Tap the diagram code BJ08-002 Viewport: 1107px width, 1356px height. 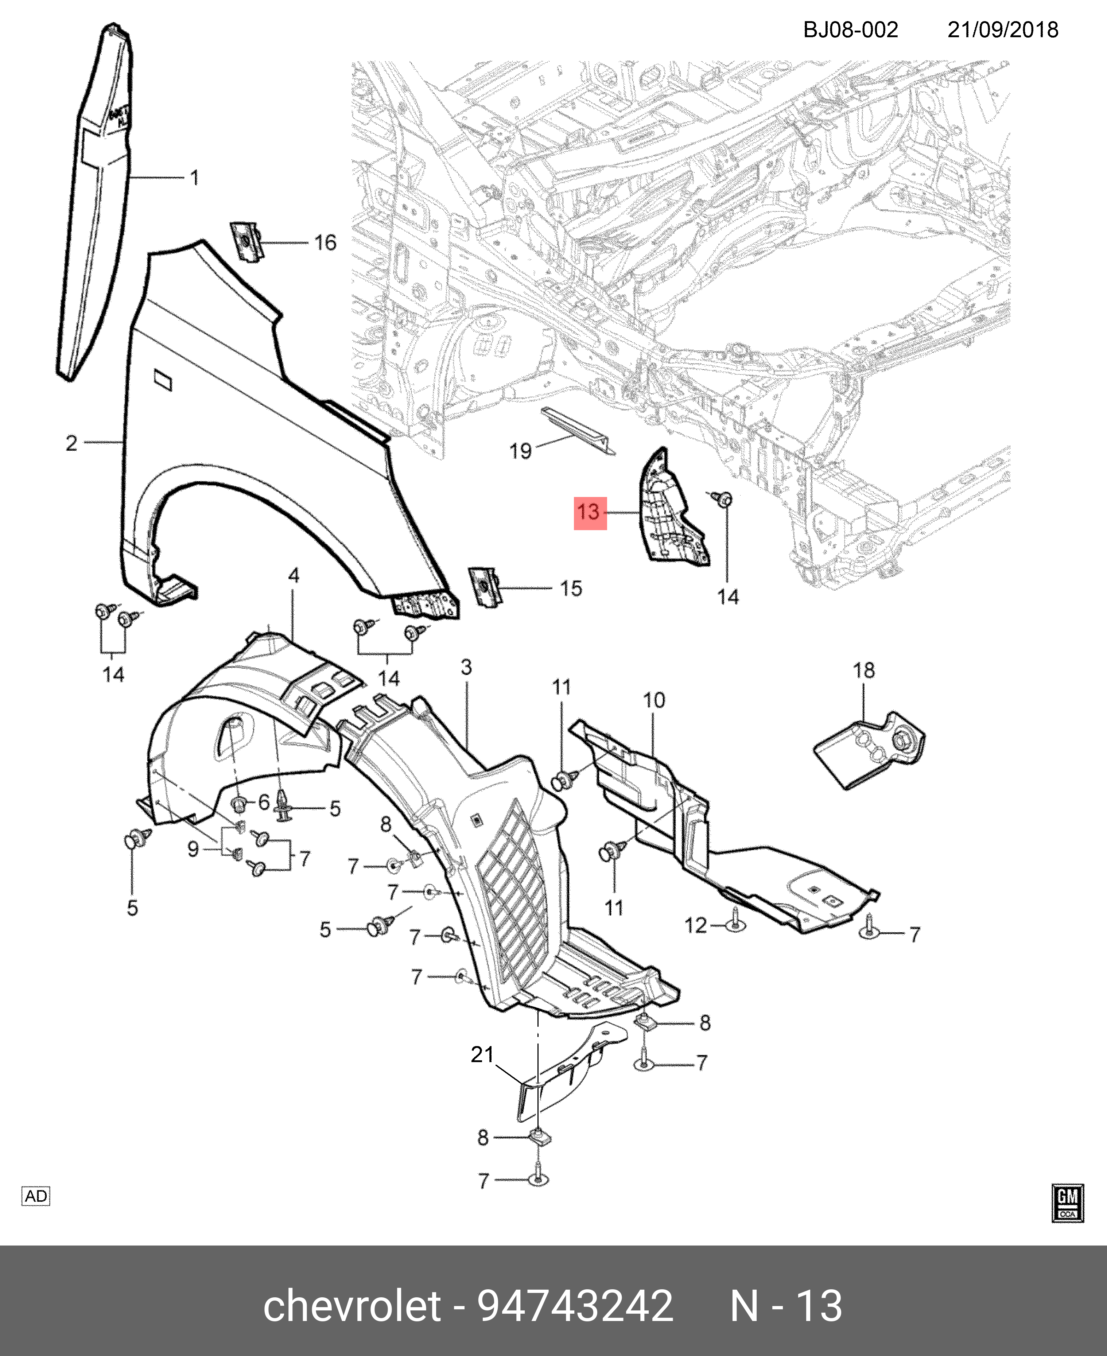coord(850,30)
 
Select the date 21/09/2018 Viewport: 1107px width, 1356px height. coord(1002,30)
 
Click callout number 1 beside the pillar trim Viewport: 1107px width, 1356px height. coord(194,178)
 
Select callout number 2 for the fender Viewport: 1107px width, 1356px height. coord(71,443)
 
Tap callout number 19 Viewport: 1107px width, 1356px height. coord(520,451)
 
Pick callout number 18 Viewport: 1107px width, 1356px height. coord(864,670)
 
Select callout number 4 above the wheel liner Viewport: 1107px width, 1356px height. coord(293,576)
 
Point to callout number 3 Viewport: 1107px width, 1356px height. coord(466,668)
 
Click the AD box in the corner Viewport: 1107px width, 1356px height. coord(36,1197)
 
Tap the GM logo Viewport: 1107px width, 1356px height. coord(1067,1204)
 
